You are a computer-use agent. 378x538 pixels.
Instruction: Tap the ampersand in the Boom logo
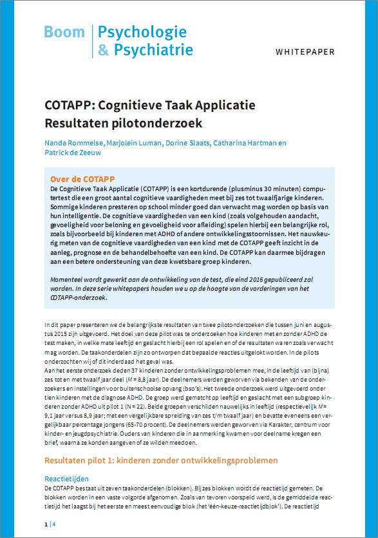point(102,49)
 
